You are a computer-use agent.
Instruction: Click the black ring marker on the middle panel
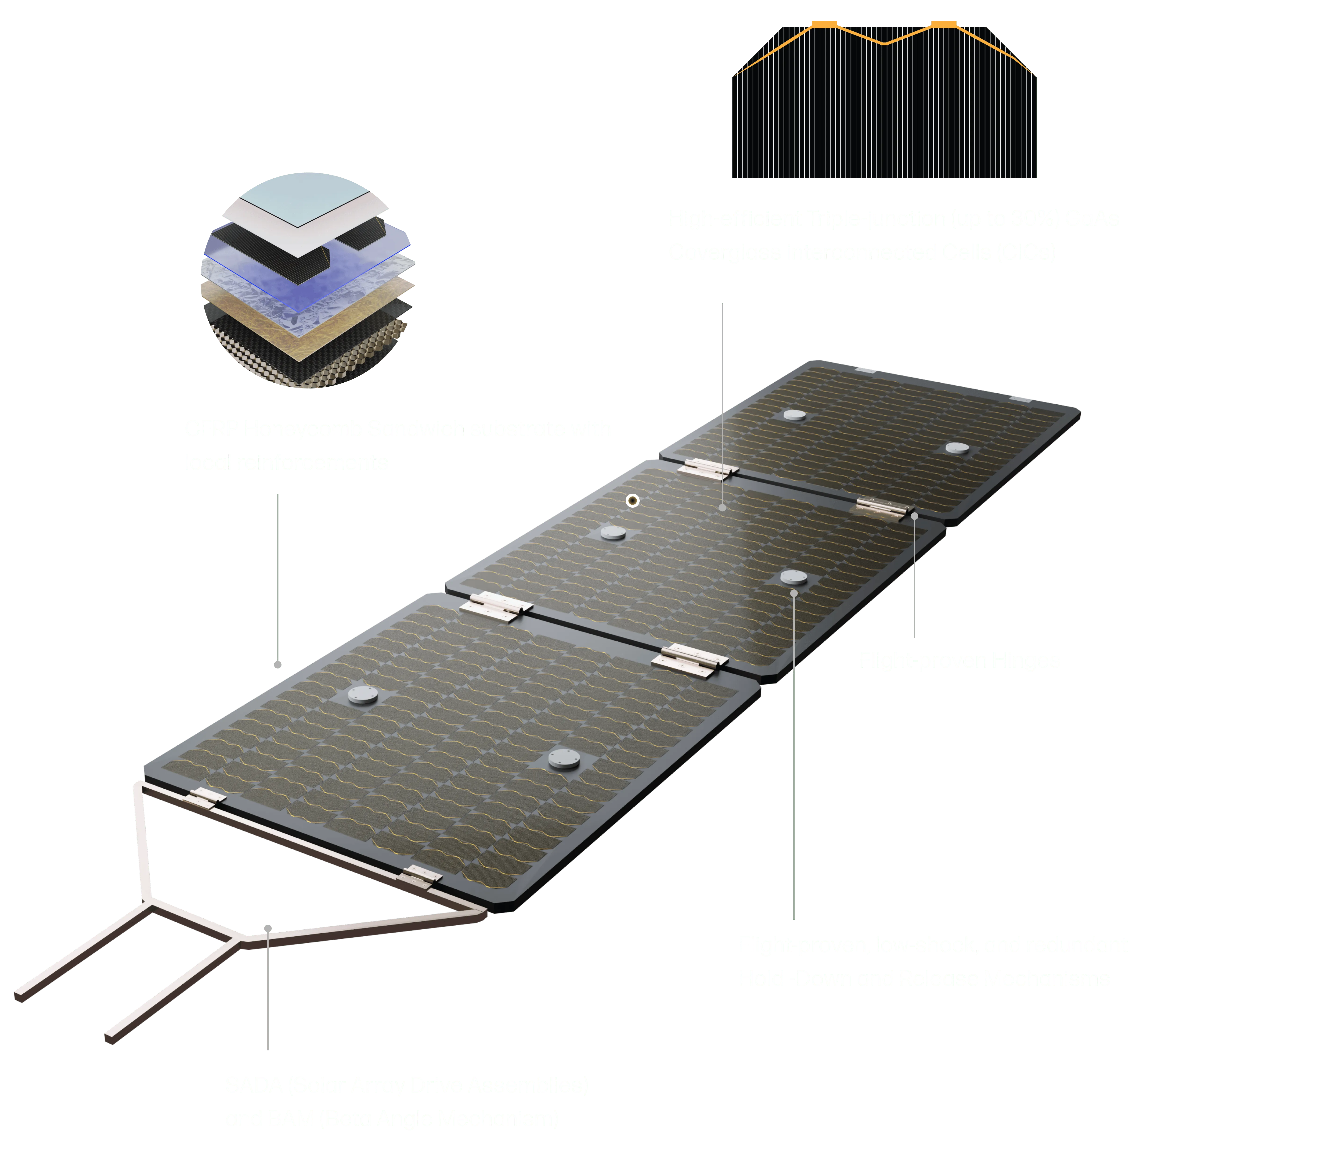[633, 500]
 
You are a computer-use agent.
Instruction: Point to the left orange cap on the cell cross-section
[824, 25]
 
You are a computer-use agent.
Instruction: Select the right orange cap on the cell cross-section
[944, 25]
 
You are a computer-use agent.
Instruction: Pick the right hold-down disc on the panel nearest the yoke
[564, 759]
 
